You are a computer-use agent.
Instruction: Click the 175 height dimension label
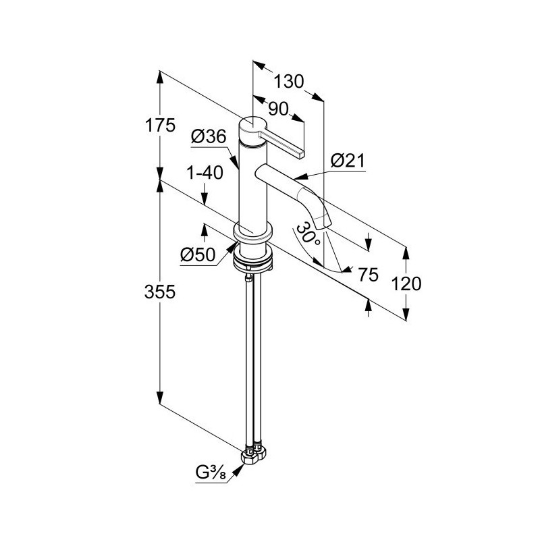pos(160,125)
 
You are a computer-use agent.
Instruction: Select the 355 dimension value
pos(160,292)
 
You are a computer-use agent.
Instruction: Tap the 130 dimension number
pos(289,82)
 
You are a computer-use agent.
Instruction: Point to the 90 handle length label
pos(278,109)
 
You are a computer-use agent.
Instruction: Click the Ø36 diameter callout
pos(209,137)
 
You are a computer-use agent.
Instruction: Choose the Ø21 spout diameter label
pos(348,161)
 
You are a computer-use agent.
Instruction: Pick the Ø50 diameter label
pos(198,255)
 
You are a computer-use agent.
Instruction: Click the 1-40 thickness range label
pos(205,173)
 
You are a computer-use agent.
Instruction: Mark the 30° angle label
pos(308,235)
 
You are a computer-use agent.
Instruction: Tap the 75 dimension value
pos(368,275)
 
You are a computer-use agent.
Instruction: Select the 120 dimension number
pos(406,283)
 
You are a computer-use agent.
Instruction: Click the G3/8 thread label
pos(211,473)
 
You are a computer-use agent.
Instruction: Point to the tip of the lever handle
pos(302,154)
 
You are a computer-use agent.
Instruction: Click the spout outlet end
pos(324,225)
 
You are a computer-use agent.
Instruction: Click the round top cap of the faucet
pos(252,126)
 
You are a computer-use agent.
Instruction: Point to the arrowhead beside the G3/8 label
pos(239,469)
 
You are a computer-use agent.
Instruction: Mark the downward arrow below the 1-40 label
pos(205,194)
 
